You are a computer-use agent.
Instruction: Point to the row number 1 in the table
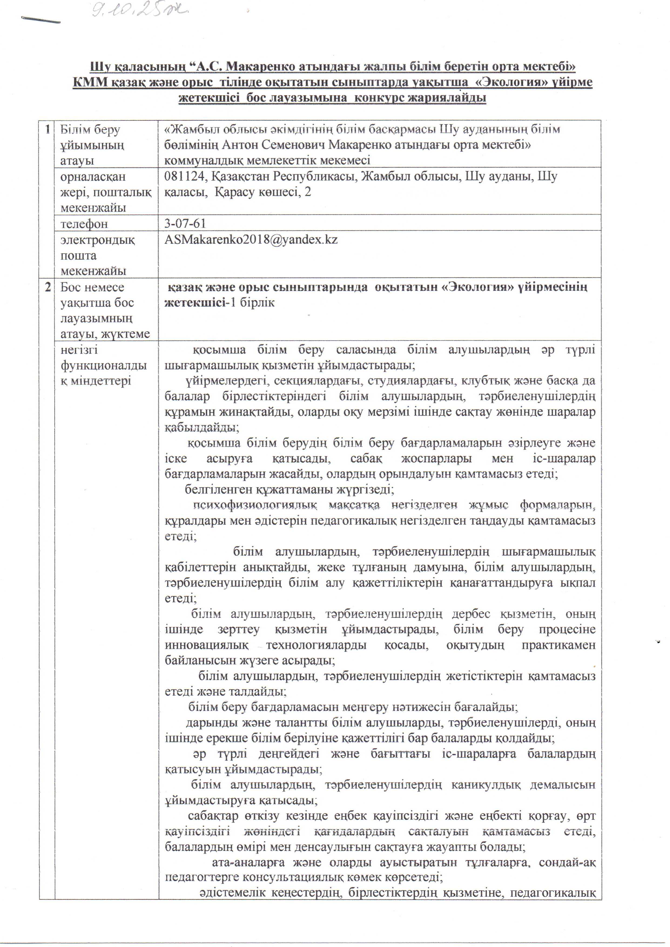pos(48,129)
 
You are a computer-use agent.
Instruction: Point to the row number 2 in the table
pos(48,287)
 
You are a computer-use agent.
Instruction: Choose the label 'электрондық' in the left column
pos(97,240)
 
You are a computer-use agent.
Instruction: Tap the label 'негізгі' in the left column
pos(79,350)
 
